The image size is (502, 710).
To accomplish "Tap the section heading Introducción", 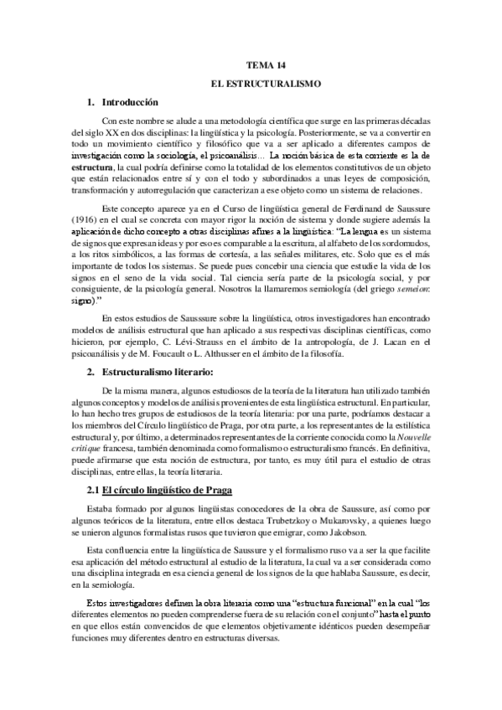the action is [x=128, y=102].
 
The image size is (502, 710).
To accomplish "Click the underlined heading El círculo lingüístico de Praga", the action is [x=153, y=489].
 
